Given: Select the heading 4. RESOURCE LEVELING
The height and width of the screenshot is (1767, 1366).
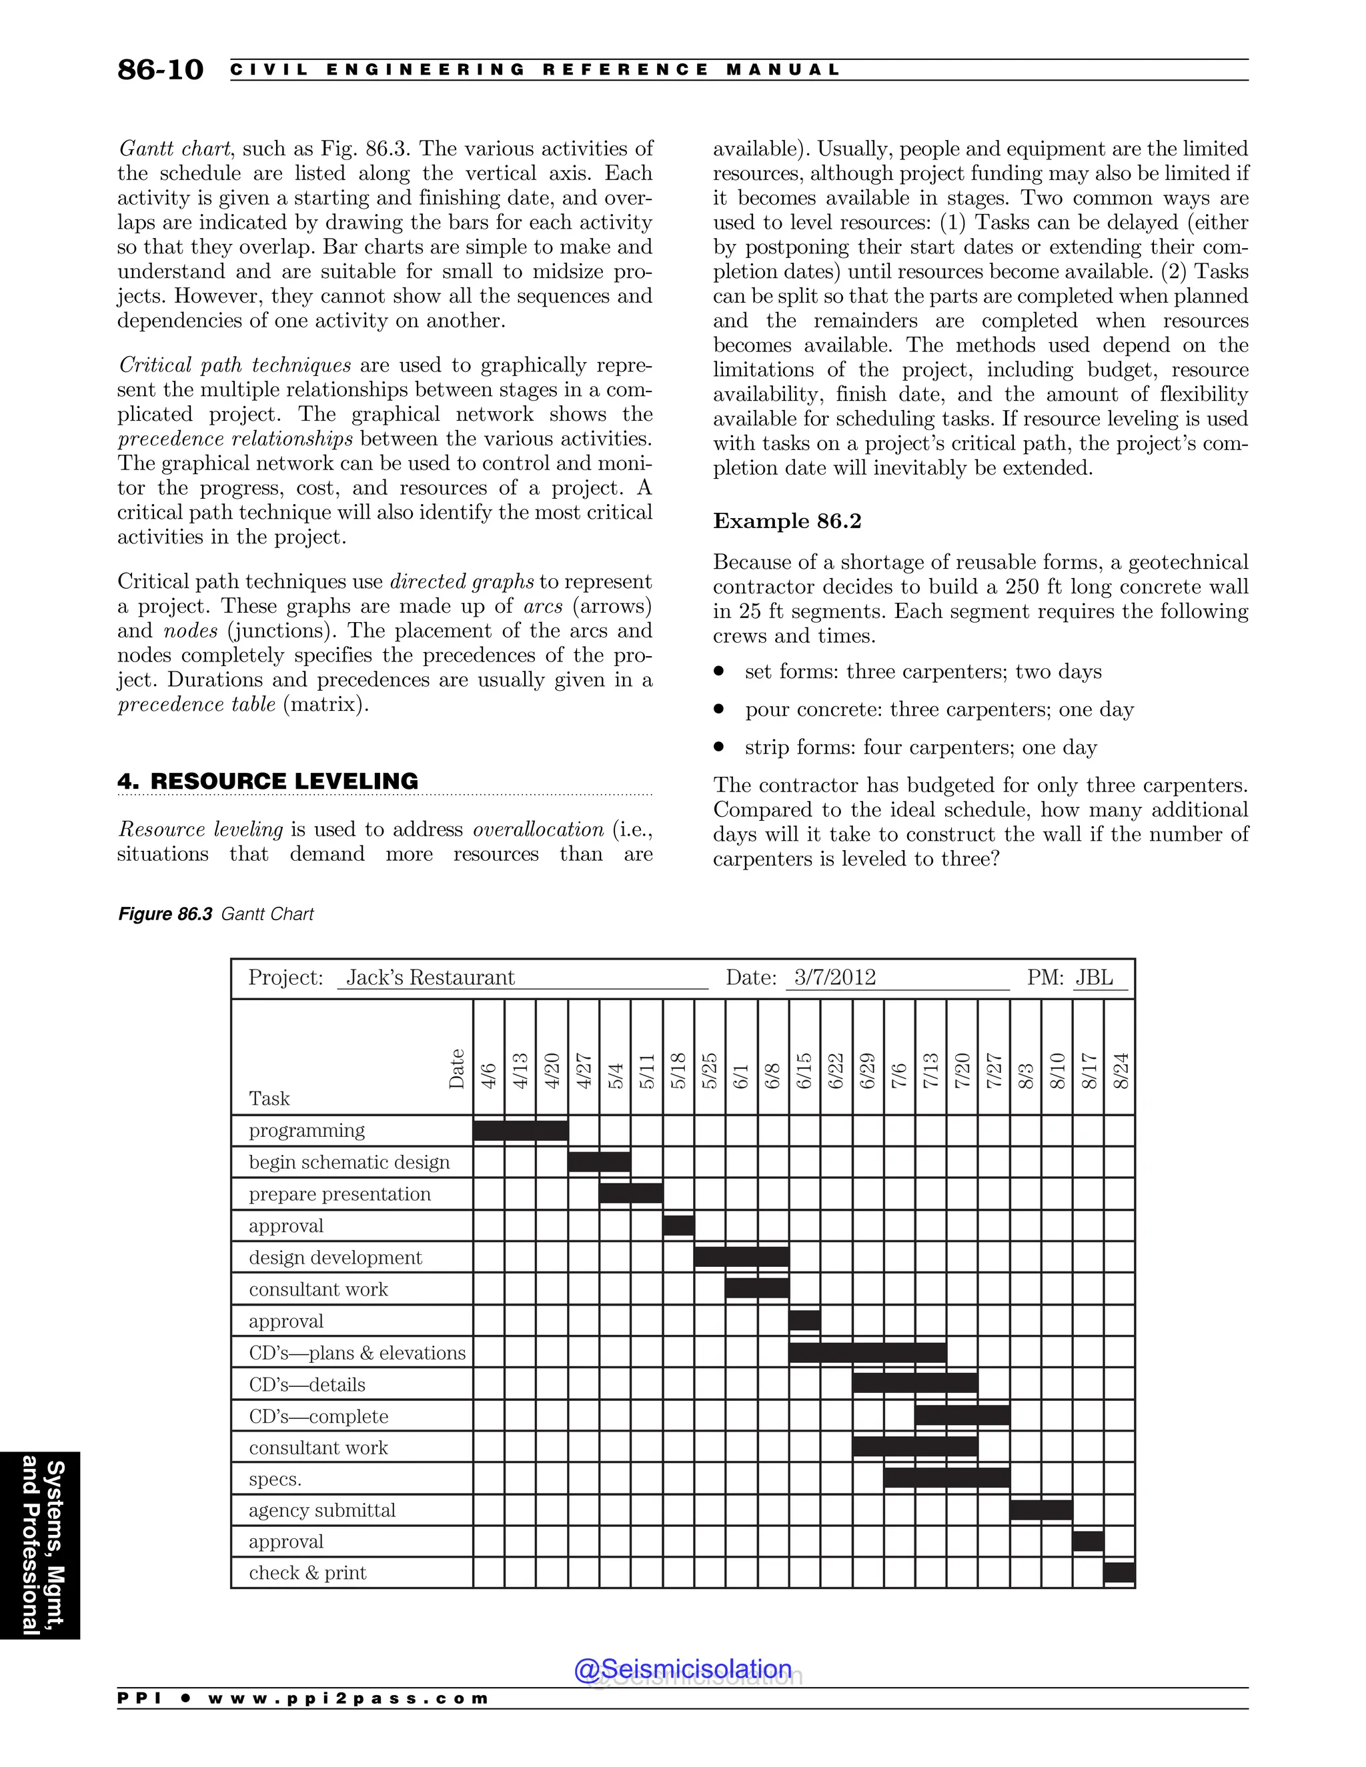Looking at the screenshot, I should click(268, 781).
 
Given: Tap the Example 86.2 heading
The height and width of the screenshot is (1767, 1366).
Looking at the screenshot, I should click(786, 521).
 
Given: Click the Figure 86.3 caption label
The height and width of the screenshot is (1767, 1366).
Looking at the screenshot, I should click(165, 914).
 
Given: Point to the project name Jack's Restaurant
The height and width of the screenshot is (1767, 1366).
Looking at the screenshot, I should click(430, 978).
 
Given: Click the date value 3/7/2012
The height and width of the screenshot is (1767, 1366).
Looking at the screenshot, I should click(834, 978).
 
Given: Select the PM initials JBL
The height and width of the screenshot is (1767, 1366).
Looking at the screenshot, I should click(1094, 978).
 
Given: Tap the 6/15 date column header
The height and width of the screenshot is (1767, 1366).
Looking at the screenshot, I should click(804, 1070).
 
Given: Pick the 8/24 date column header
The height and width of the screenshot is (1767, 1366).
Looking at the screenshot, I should click(1121, 1070).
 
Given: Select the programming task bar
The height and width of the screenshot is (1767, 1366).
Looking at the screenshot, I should click(520, 1130).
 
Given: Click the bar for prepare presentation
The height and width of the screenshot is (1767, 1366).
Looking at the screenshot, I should click(631, 1194).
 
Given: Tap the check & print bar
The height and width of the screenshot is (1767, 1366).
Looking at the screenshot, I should click(1119, 1573).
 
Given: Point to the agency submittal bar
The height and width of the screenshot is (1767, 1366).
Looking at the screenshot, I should click(1041, 1510).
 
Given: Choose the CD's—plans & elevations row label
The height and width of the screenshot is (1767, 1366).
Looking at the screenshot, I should click(357, 1353).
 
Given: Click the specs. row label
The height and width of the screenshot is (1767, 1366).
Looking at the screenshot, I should click(275, 1480).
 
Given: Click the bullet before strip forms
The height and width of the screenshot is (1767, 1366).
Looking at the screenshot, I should click(718, 747).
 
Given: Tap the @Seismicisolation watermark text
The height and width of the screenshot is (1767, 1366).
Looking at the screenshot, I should click(683, 1669).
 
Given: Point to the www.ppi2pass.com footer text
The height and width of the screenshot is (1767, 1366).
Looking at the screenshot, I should click(348, 1698).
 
